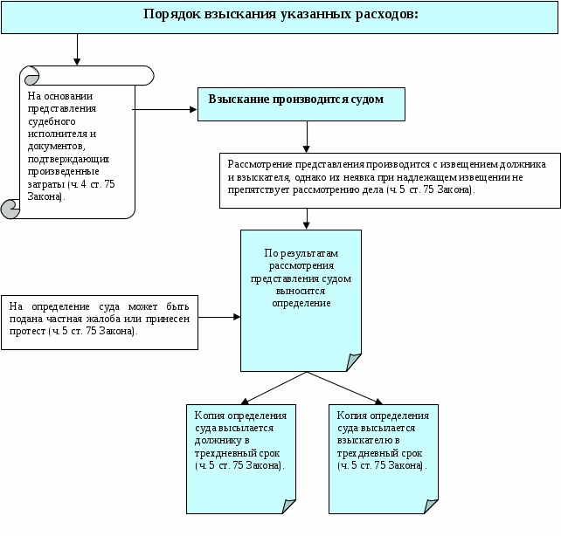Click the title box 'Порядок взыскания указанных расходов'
pyautogui.click(x=280, y=17)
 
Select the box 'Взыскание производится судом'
pyautogui.click(x=301, y=103)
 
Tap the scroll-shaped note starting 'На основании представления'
pyautogui.click(x=79, y=144)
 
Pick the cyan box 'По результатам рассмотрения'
pyautogui.click(x=301, y=297)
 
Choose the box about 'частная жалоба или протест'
pyautogui.click(x=100, y=322)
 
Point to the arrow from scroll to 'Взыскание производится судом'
pyautogui.click(x=166, y=110)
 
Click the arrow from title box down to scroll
pyautogui.click(x=78, y=49)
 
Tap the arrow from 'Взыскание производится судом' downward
pyautogui.click(x=307, y=134)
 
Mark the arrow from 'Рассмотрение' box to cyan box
pyautogui.click(x=307, y=218)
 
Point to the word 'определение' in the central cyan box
pyautogui.click(x=301, y=303)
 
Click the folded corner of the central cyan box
pyautogui.click(x=354, y=361)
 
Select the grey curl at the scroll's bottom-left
pyautogui.click(x=12, y=208)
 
